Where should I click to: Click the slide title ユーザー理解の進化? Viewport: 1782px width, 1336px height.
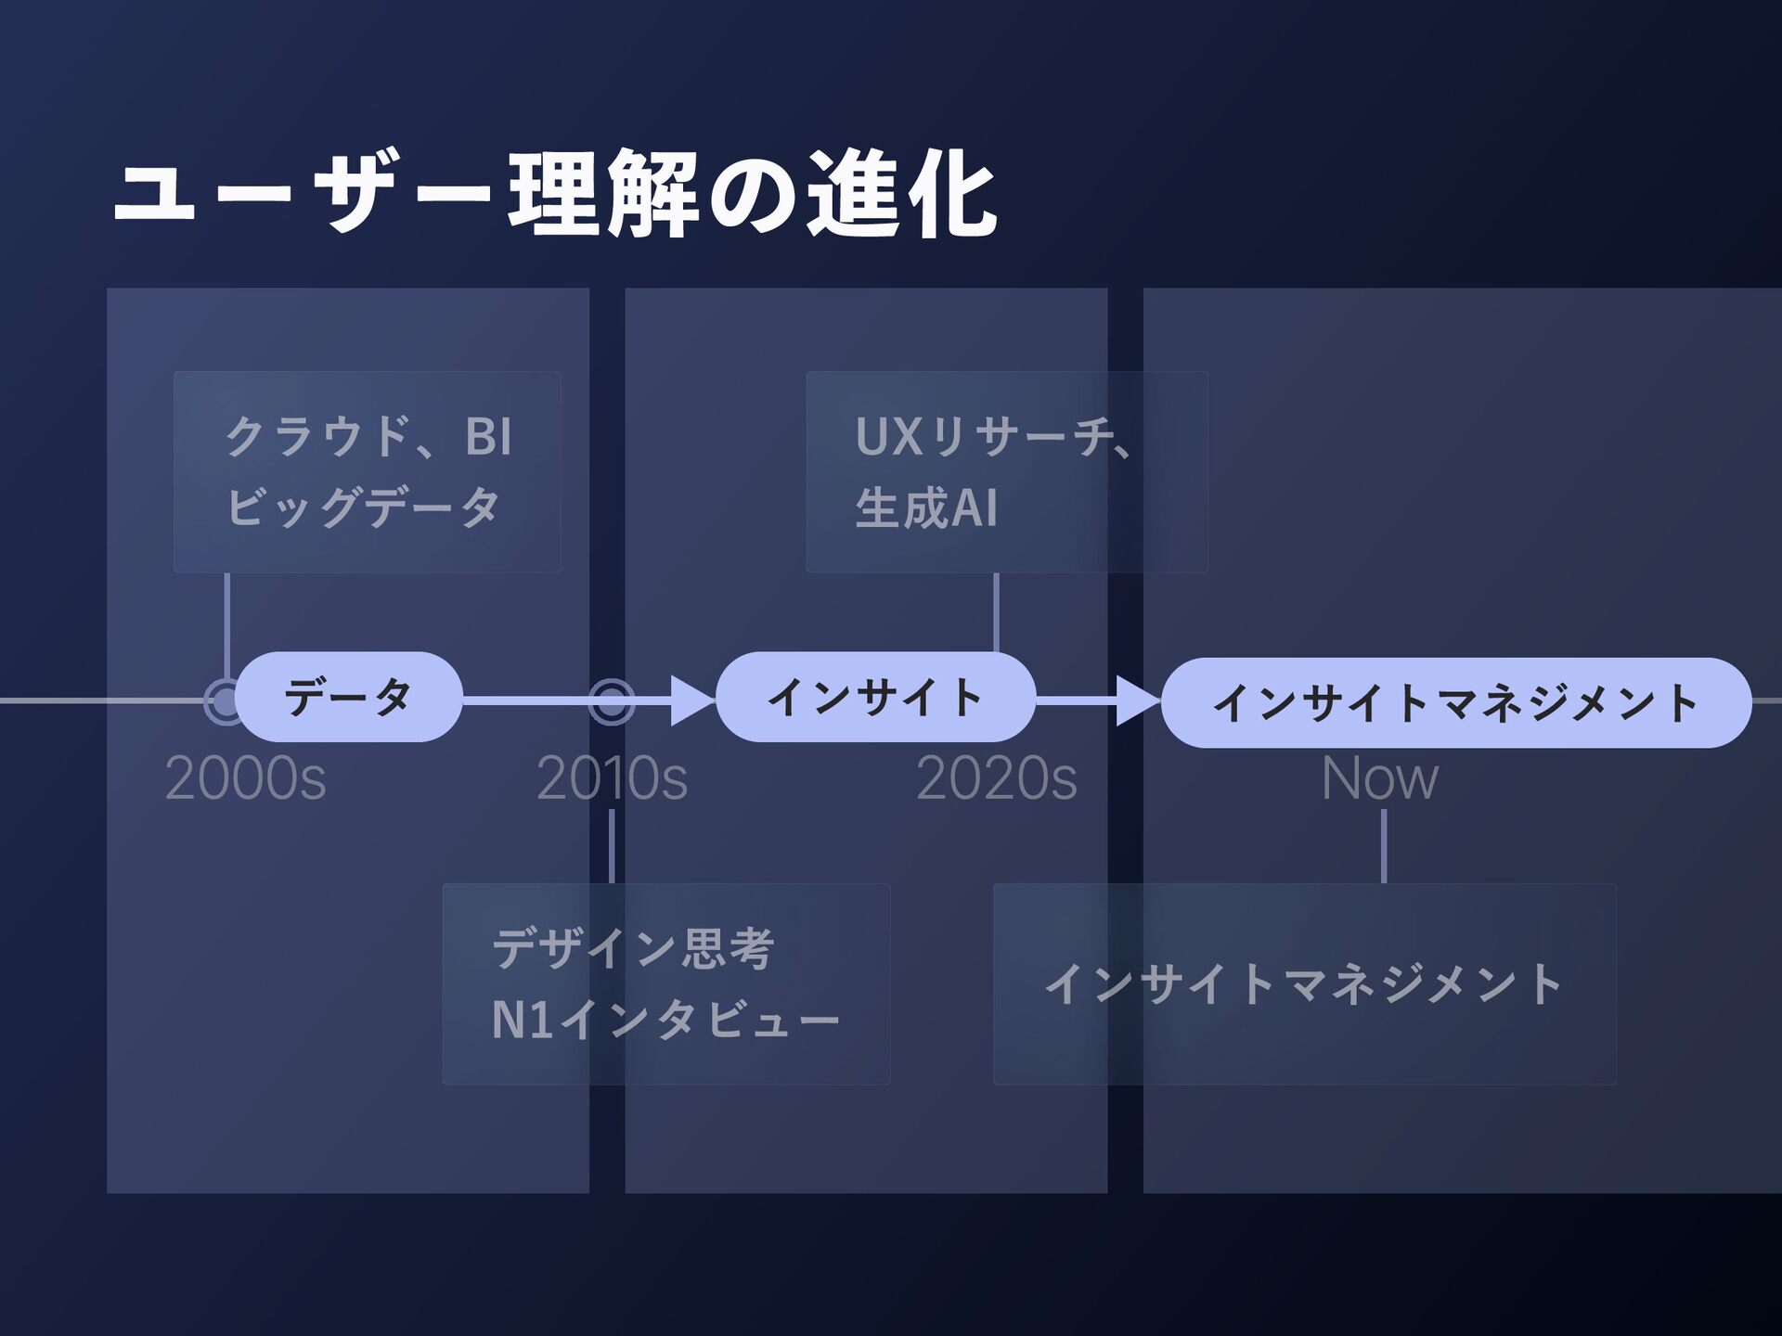554,195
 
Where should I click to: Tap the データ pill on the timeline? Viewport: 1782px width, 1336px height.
348,697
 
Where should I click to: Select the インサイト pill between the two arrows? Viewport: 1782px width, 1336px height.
875,697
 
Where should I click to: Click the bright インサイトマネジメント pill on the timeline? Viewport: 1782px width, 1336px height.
1455,702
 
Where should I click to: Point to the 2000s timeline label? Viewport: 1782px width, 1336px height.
245,778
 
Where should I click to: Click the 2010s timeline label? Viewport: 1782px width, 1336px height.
612,778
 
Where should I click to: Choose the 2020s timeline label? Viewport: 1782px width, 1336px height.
996,778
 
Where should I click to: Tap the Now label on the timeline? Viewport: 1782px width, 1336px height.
1379,778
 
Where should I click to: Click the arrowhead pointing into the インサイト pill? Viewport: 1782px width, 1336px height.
691,700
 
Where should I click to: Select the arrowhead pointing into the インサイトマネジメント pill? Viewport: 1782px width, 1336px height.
1136,700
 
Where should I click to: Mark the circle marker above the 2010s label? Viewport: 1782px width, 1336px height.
612,701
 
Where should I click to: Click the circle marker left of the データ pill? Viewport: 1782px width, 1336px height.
224,701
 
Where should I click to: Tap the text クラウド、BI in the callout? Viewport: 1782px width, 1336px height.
368,436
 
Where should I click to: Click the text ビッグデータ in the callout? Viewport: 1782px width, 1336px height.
363,507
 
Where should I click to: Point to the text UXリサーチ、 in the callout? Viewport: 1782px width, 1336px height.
993,436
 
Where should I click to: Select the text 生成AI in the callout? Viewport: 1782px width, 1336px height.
926,508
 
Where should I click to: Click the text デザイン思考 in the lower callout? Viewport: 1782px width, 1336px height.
633,948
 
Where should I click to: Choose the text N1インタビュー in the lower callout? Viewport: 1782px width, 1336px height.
665,1020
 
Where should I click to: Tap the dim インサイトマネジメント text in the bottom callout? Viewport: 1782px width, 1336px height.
1304,984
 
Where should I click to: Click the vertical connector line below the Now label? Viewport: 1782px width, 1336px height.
1384,846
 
